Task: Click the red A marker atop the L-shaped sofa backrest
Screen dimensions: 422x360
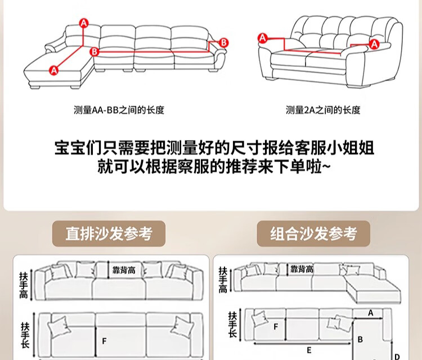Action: point(84,23)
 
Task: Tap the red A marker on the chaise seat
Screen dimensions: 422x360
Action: point(54,70)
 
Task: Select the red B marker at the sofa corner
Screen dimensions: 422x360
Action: point(95,51)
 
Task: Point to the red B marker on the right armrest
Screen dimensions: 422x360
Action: point(223,42)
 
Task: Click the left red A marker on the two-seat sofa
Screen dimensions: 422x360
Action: point(262,38)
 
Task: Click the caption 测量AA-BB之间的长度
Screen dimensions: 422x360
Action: point(119,110)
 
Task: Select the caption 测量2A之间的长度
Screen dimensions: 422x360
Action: point(322,110)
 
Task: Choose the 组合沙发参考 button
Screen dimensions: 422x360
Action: point(314,233)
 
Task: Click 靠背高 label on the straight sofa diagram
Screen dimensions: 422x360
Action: point(124,271)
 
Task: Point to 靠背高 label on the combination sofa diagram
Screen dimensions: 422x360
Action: point(302,269)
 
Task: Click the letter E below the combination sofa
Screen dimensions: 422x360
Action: point(309,349)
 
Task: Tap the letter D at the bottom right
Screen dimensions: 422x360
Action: point(397,355)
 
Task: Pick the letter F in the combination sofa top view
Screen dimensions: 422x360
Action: point(276,326)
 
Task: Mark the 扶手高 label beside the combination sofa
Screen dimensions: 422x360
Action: point(223,280)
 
